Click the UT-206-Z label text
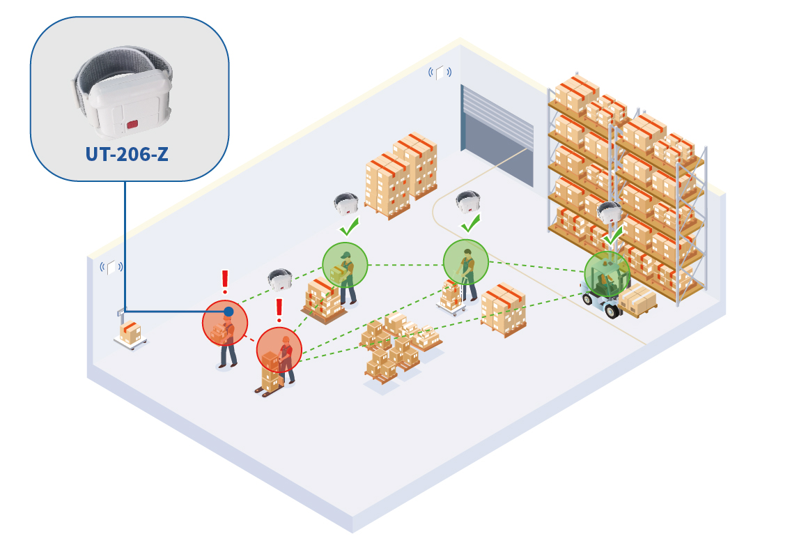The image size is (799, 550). point(127,153)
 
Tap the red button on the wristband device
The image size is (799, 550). point(132,125)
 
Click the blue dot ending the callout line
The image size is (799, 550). point(228,311)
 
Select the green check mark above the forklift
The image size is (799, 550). point(612,236)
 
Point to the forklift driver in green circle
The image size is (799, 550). point(607,275)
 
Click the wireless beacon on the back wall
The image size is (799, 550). point(440,72)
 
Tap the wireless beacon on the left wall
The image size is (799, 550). point(111,266)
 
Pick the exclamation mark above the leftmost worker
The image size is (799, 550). point(225,282)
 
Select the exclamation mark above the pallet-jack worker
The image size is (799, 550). point(279,310)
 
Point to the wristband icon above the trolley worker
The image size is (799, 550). point(468,201)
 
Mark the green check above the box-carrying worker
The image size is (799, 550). point(348,227)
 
